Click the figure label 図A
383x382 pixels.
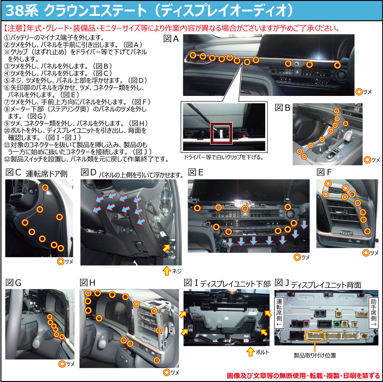pyautogui.click(x=171, y=39)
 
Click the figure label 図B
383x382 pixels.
pyautogui.click(x=282, y=108)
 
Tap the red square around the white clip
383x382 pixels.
pyautogui.click(x=222, y=133)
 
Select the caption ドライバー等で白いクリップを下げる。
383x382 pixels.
pyautogui.click(x=224, y=157)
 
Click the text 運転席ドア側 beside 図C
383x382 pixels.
pyautogui.click(x=47, y=174)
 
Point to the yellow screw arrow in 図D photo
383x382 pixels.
pyautogui.click(x=167, y=248)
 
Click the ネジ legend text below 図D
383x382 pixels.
pyautogui.click(x=176, y=271)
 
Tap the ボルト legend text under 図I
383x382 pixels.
pyautogui.click(x=262, y=352)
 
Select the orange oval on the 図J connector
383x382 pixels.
pyautogui.click(x=315, y=336)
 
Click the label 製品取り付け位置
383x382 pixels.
pyautogui.click(x=315, y=356)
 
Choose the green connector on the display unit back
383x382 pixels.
pyautogui.click(x=337, y=324)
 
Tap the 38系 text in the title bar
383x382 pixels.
pyautogui.click(x=22, y=11)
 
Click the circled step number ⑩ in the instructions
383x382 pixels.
pyautogui.click(x=7, y=131)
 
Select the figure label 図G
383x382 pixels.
pyautogui.click(x=13, y=283)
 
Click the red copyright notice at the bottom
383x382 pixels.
pyautogui.click(x=303, y=376)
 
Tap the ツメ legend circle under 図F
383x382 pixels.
pyautogui.click(x=366, y=253)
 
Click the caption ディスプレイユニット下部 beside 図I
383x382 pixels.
pyautogui.click(x=236, y=284)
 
